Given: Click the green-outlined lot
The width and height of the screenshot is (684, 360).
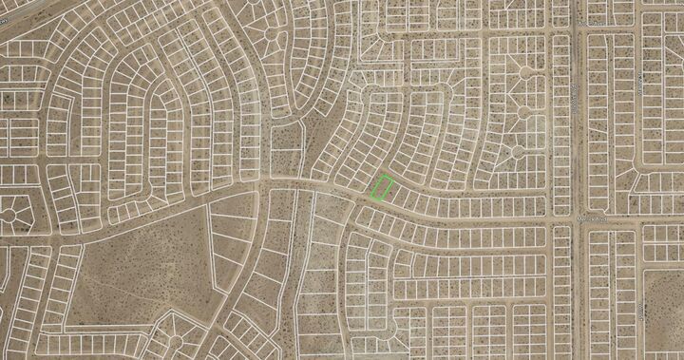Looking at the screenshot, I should point(382,187).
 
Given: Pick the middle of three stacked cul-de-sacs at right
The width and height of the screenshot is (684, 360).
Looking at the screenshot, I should point(523,111).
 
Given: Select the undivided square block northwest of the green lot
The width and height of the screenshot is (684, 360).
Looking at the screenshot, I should point(286,138).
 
